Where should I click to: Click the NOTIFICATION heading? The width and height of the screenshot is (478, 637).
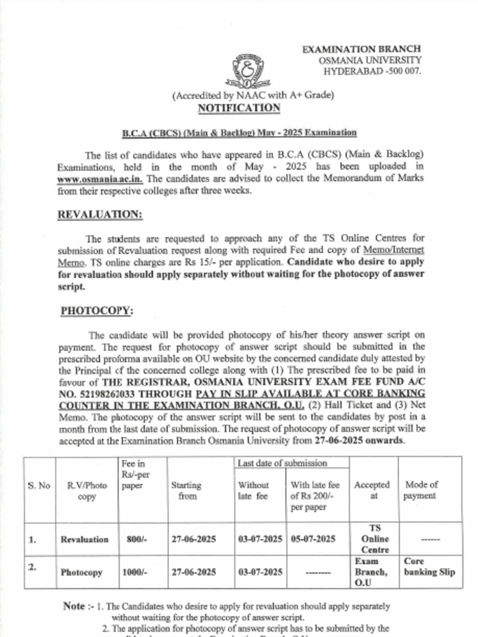(x=239, y=108)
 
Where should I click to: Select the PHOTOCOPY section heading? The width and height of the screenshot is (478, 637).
(x=96, y=311)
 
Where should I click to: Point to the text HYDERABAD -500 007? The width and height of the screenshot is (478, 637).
(x=372, y=72)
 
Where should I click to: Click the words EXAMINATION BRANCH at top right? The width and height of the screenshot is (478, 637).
(x=361, y=49)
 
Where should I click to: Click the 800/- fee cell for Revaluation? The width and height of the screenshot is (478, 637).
(x=136, y=539)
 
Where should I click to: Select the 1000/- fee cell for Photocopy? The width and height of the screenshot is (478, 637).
(x=136, y=572)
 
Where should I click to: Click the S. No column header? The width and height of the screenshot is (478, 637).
(x=39, y=485)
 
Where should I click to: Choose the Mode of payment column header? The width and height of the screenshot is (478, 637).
(x=421, y=490)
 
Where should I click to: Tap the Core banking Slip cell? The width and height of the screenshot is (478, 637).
(x=429, y=567)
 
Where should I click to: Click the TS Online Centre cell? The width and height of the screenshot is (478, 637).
(x=375, y=539)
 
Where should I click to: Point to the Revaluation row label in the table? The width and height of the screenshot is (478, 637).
(x=84, y=539)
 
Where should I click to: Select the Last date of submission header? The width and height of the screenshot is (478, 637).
(x=282, y=463)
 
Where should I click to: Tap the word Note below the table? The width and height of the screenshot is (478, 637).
(x=73, y=605)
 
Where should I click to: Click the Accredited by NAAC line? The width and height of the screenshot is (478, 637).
(x=253, y=95)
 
